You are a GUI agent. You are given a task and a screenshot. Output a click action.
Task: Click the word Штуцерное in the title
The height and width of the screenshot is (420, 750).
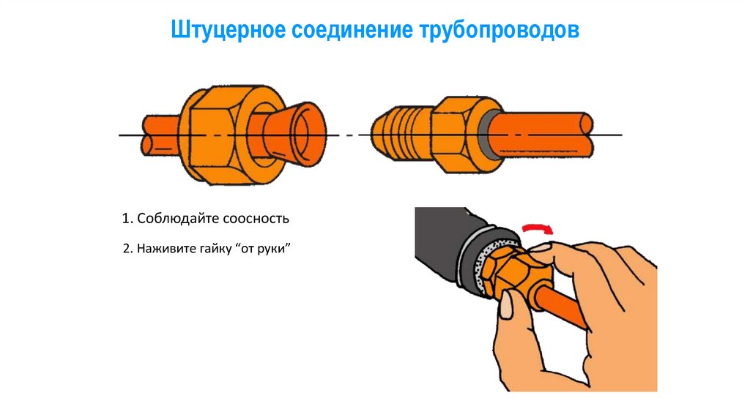point(228,30)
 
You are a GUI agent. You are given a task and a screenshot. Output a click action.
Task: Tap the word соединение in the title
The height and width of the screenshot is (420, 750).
point(352,30)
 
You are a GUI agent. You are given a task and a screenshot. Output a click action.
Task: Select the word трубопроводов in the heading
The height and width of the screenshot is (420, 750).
point(500,31)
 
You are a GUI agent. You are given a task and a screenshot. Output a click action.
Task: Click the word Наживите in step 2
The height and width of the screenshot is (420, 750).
point(166,249)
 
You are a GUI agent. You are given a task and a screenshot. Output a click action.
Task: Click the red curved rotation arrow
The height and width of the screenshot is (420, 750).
point(538,228)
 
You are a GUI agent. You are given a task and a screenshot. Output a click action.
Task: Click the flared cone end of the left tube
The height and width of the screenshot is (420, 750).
point(297,134)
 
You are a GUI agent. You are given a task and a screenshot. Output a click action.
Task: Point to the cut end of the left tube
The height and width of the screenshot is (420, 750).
point(147,135)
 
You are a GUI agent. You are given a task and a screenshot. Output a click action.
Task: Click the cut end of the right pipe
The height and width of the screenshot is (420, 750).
point(587,135)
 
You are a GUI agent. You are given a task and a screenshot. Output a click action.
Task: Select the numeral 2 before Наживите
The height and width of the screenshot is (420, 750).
point(127,249)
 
